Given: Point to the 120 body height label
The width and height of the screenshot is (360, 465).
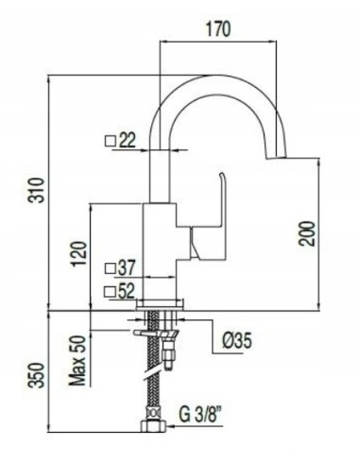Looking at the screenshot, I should click(x=79, y=252).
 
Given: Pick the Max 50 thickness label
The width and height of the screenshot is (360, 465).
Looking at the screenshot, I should click(x=79, y=365).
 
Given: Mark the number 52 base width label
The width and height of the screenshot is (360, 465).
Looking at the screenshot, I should click(x=128, y=291).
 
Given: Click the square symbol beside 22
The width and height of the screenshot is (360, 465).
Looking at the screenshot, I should click(x=110, y=142).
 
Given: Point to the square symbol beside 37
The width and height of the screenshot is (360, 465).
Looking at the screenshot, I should click(x=110, y=269).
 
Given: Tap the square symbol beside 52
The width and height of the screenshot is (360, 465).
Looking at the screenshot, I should click(x=110, y=291).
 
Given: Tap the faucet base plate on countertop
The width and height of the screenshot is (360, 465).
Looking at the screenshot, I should click(x=161, y=304).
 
